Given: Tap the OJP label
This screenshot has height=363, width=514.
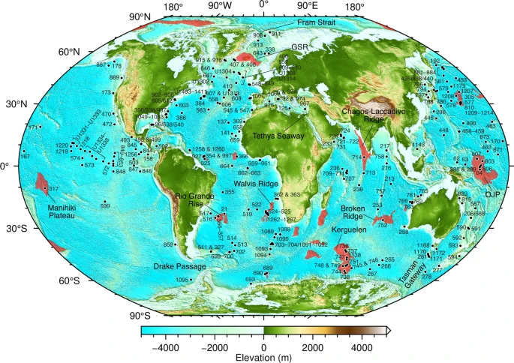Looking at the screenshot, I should click(491, 193).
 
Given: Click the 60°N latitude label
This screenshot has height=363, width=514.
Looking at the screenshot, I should click(68, 52).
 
